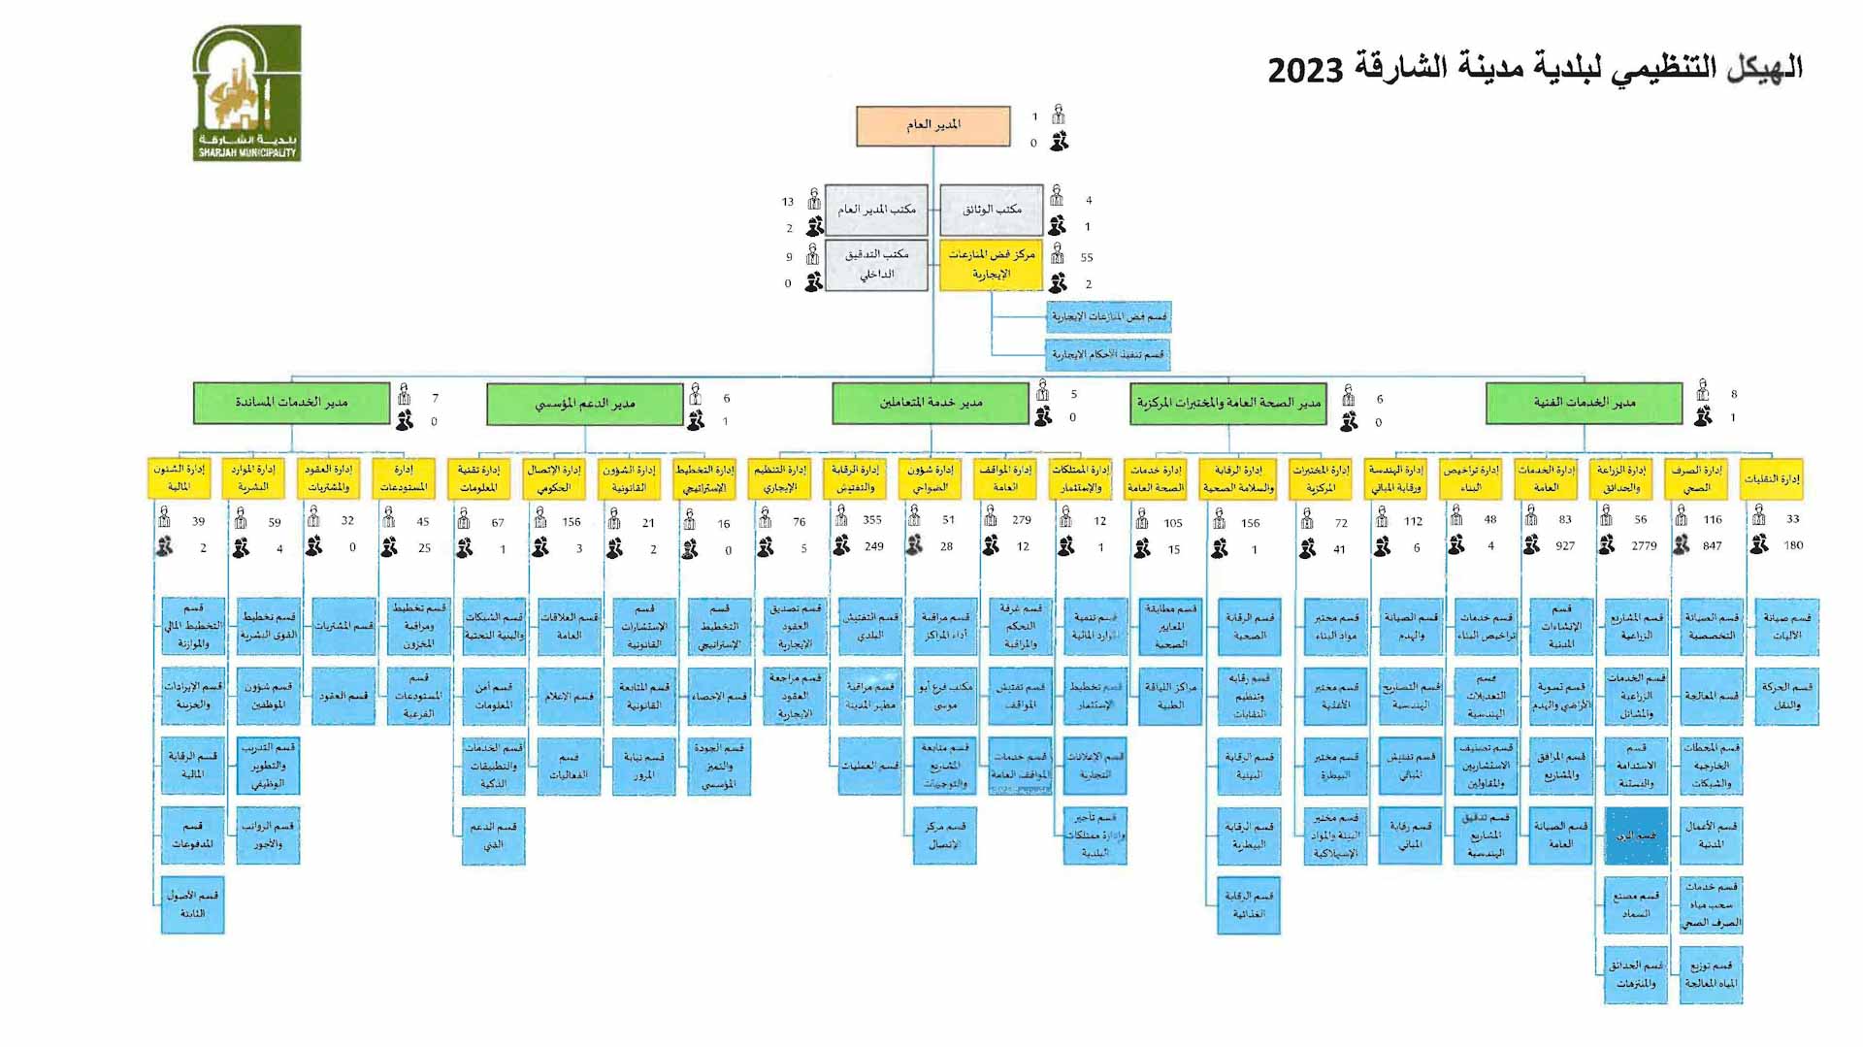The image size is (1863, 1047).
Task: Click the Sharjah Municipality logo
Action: pos(246,93)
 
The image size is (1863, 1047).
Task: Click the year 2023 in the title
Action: pos(1304,70)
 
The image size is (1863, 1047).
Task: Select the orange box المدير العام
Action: pos(932,125)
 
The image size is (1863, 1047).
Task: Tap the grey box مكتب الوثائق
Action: pos(991,210)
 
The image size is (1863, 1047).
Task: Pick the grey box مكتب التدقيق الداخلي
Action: pos(876,264)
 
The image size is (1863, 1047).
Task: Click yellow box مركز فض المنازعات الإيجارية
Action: pos(991,264)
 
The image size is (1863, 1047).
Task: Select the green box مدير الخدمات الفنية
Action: pos(1584,403)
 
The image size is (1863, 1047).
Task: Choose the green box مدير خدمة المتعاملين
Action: pos(930,403)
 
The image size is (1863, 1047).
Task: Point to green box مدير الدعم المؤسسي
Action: pos(584,404)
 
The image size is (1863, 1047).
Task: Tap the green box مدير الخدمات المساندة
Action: pos(291,403)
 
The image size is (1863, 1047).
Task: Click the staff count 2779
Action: pos(1644,546)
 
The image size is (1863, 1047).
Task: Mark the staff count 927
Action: pos(1564,546)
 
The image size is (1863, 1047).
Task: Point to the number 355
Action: pos(871,520)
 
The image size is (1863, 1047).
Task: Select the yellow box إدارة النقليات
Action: pos(1771,478)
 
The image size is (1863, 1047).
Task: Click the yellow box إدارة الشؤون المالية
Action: pos(180,478)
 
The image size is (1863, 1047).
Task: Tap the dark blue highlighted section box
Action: pos(1636,835)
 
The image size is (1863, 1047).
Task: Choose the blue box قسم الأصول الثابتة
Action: pos(192,904)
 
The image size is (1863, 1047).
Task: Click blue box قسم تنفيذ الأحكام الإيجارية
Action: pos(1108,355)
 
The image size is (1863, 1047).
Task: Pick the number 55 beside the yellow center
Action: pos(1087,258)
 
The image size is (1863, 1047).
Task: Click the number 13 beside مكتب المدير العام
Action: pos(788,202)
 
